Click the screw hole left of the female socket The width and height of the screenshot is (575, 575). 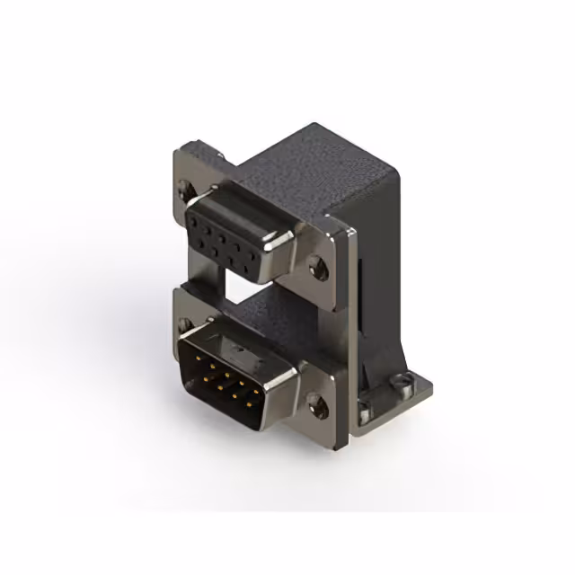coord(187,190)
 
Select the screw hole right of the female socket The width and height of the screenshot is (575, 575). coord(316,265)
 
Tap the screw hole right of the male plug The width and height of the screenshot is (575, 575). coord(316,404)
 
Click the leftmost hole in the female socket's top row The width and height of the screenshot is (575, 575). coord(195,218)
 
